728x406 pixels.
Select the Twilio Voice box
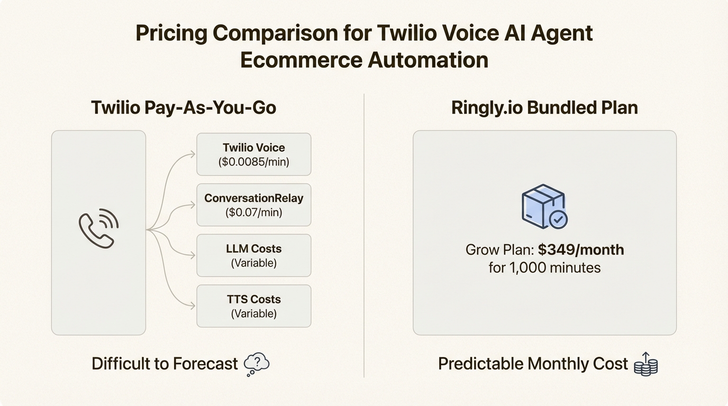coord(253,154)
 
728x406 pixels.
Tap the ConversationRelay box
coord(253,205)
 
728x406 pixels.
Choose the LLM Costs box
coord(253,255)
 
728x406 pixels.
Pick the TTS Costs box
coord(253,306)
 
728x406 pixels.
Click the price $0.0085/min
coord(254,162)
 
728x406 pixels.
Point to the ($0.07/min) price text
coord(254,213)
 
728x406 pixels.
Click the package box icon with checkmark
coord(544,207)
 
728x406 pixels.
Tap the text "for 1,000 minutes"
coord(544,267)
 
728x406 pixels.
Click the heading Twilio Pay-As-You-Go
coord(184,108)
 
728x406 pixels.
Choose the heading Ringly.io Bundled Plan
coord(544,108)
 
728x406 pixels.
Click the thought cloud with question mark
coord(257,364)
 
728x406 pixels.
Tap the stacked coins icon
coord(645,365)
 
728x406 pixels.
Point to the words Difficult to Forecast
coord(165,364)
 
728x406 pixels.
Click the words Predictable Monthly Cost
coord(533,364)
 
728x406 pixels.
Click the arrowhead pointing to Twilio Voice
coord(192,154)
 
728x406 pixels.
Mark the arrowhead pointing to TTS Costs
coord(192,305)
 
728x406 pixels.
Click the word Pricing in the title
coord(171,33)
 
